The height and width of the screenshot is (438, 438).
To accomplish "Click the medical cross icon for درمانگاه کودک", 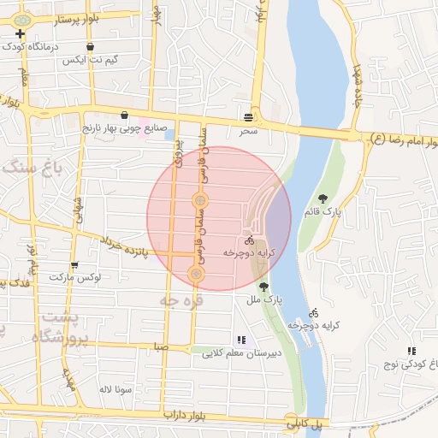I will (21, 33).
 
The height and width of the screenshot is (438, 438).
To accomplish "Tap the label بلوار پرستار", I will (81, 16).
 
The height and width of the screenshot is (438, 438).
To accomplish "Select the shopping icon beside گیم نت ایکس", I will (91, 47).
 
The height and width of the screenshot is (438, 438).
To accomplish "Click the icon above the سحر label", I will (248, 116).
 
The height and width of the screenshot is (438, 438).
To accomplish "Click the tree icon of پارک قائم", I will (323, 198).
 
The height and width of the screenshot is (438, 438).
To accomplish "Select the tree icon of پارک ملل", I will (263, 287).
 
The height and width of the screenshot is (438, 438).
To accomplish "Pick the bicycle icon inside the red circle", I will (248, 241).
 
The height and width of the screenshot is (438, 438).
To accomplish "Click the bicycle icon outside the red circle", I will (313, 312).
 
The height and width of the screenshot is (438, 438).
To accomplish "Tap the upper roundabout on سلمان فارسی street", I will (199, 201).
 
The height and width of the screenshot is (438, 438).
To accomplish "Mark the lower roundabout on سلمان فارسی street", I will (196, 274).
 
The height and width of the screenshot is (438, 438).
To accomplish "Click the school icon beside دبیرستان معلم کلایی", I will (240, 340).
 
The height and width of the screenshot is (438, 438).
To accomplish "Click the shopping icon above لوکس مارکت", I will (74, 265).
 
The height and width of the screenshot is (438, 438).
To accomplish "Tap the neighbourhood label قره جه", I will (180, 300).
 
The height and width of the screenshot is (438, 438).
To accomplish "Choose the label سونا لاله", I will (113, 389).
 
